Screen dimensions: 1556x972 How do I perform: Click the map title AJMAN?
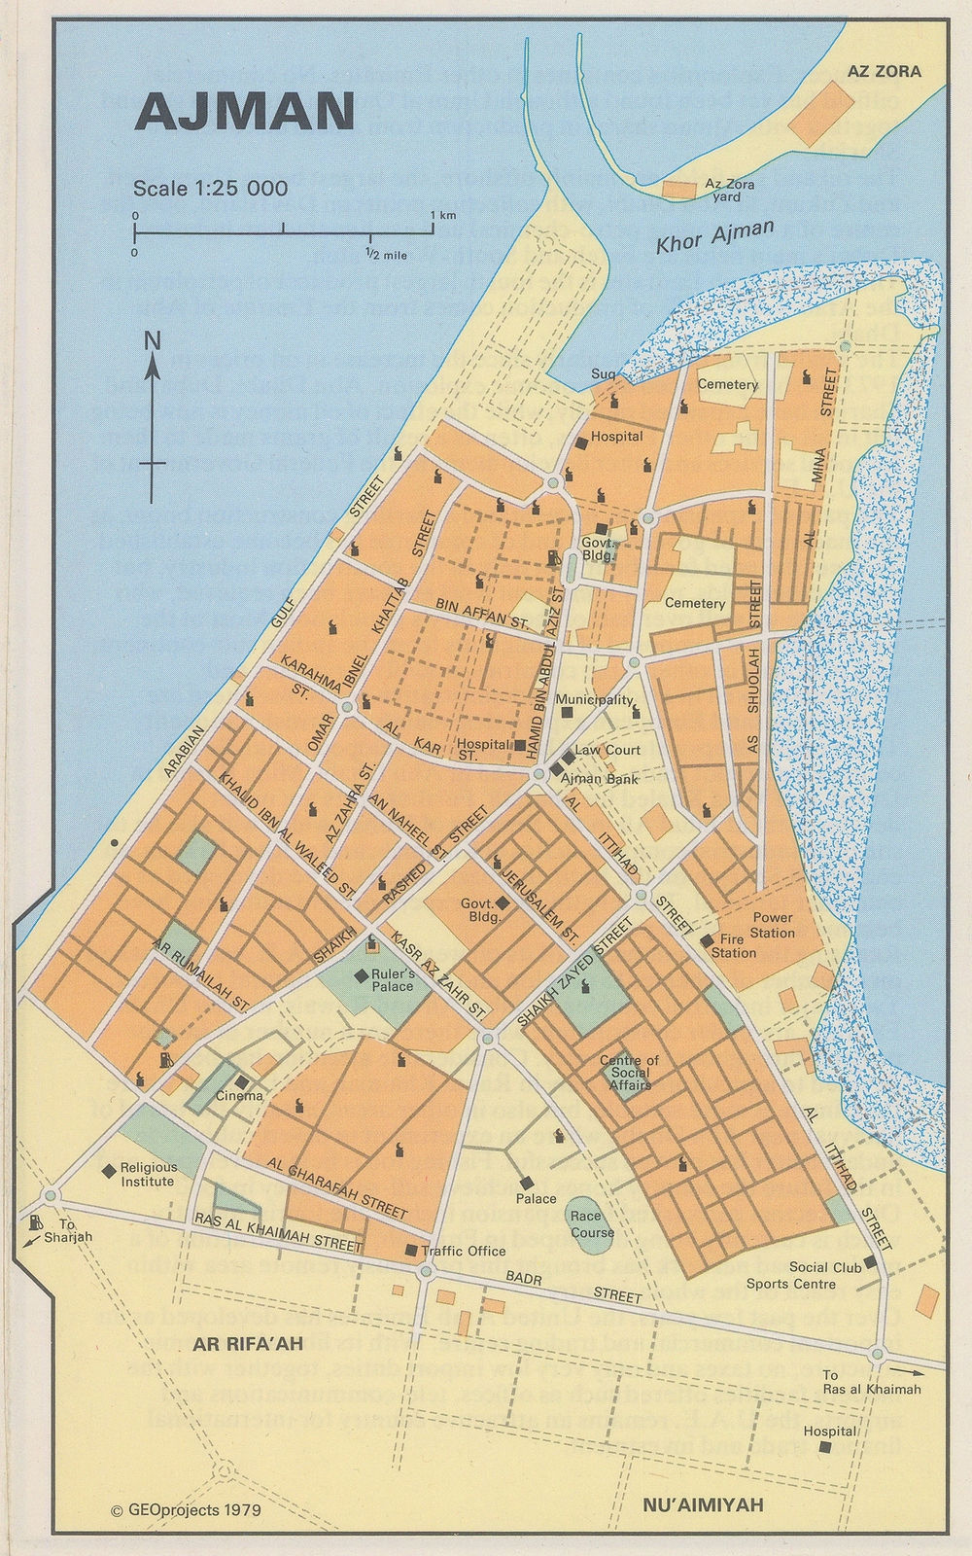[x=244, y=113]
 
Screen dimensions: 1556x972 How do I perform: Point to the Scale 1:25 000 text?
[x=210, y=188]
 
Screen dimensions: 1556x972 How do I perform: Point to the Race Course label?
[x=593, y=1224]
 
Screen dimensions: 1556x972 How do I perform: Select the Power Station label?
[x=773, y=925]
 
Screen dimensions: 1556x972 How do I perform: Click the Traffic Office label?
[x=463, y=1251]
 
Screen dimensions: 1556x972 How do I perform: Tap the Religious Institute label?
[x=148, y=1174]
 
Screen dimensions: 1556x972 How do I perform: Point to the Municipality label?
[x=594, y=700]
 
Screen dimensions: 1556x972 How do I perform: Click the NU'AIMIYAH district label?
[x=703, y=1504]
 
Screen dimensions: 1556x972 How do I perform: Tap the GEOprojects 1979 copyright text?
[x=187, y=1511]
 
